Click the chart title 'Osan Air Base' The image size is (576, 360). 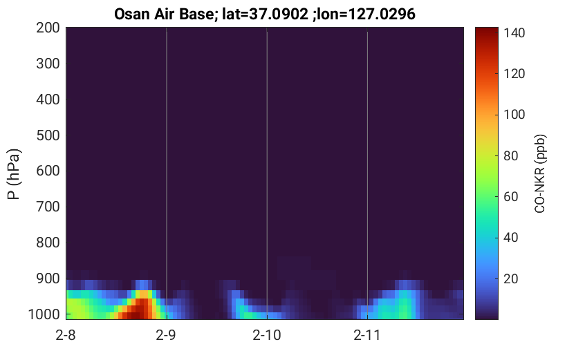tap(164, 15)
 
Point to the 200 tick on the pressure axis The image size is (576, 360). tap(48, 28)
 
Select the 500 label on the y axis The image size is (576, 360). tap(48, 135)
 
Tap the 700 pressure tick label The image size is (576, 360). tap(48, 207)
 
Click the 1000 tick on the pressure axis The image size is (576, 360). tap(44, 314)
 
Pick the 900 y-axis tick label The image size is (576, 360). tap(48, 279)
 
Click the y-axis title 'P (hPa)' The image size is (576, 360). tap(14, 174)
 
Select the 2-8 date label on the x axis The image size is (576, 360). tap(66, 335)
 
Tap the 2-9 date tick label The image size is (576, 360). tap(166, 335)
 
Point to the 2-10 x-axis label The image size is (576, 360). tap(267, 335)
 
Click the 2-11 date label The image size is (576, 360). tap(367, 335)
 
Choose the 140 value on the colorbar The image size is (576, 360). tap(514, 33)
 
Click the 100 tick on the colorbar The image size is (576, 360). tap(514, 115)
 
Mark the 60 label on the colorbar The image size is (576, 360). tap(510, 197)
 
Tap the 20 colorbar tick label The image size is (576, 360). tap(510, 279)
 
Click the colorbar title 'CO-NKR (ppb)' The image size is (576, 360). tap(540, 173)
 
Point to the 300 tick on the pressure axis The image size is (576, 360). tap(48, 64)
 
